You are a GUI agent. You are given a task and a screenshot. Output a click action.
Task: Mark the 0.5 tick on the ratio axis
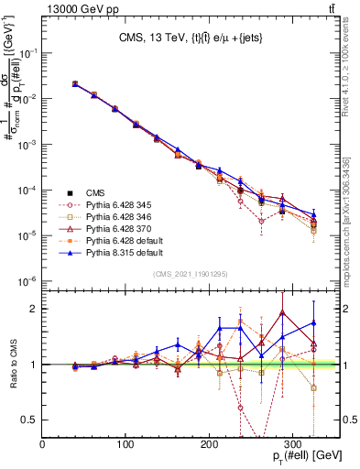click(x=32, y=420)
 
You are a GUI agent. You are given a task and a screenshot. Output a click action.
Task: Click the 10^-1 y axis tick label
click(x=27, y=53)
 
